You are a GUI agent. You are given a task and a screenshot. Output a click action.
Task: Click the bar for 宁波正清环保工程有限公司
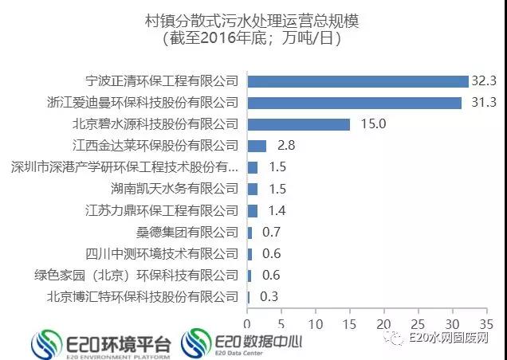pos(358,81)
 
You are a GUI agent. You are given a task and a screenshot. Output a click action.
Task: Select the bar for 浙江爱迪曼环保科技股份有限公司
pos(355,103)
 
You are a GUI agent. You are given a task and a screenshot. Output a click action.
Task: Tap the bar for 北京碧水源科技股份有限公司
pos(299,124)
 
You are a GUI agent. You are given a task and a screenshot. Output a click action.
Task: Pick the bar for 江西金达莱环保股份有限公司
pos(257,146)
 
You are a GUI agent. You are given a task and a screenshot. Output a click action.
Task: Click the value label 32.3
pos(484,81)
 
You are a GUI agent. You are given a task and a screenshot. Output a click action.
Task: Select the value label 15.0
pos(367,124)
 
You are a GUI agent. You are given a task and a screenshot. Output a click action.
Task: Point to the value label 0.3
pos(269,297)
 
